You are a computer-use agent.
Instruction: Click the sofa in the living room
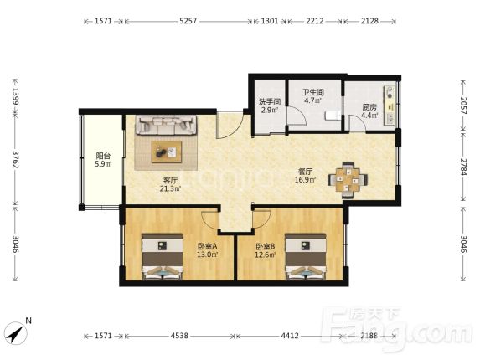(x=166, y=125)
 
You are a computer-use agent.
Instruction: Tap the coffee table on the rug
(x=166, y=152)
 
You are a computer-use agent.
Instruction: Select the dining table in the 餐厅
(x=348, y=180)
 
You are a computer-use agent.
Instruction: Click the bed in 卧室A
(x=163, y=256)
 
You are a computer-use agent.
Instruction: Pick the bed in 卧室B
(x=305, y=256)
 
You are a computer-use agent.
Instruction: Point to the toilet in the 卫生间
(x=333, y=116)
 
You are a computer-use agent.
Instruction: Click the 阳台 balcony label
(x=103, y=156)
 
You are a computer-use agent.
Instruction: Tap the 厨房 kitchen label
(x=369, y=107)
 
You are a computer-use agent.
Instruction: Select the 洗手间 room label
(x=270, y=102)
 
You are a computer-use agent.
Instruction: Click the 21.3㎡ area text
(x=171, y=188)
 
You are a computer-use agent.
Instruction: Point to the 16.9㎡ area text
(x=305, y=180)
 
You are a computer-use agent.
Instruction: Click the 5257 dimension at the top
(x=188, y=21)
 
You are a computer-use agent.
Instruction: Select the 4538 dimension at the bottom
(x=179, y=336)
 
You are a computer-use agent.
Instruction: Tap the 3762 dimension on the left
(x=15, y=158)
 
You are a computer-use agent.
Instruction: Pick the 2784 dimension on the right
(x=463, y=167)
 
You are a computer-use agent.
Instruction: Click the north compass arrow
(x=16, y=333)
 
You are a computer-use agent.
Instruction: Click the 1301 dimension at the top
(x=270, y=21)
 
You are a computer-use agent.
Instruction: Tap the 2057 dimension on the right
(x=463, y=105)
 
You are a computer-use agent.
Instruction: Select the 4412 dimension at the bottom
(x=290, y=336)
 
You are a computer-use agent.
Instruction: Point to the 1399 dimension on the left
(x=15, y=95)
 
